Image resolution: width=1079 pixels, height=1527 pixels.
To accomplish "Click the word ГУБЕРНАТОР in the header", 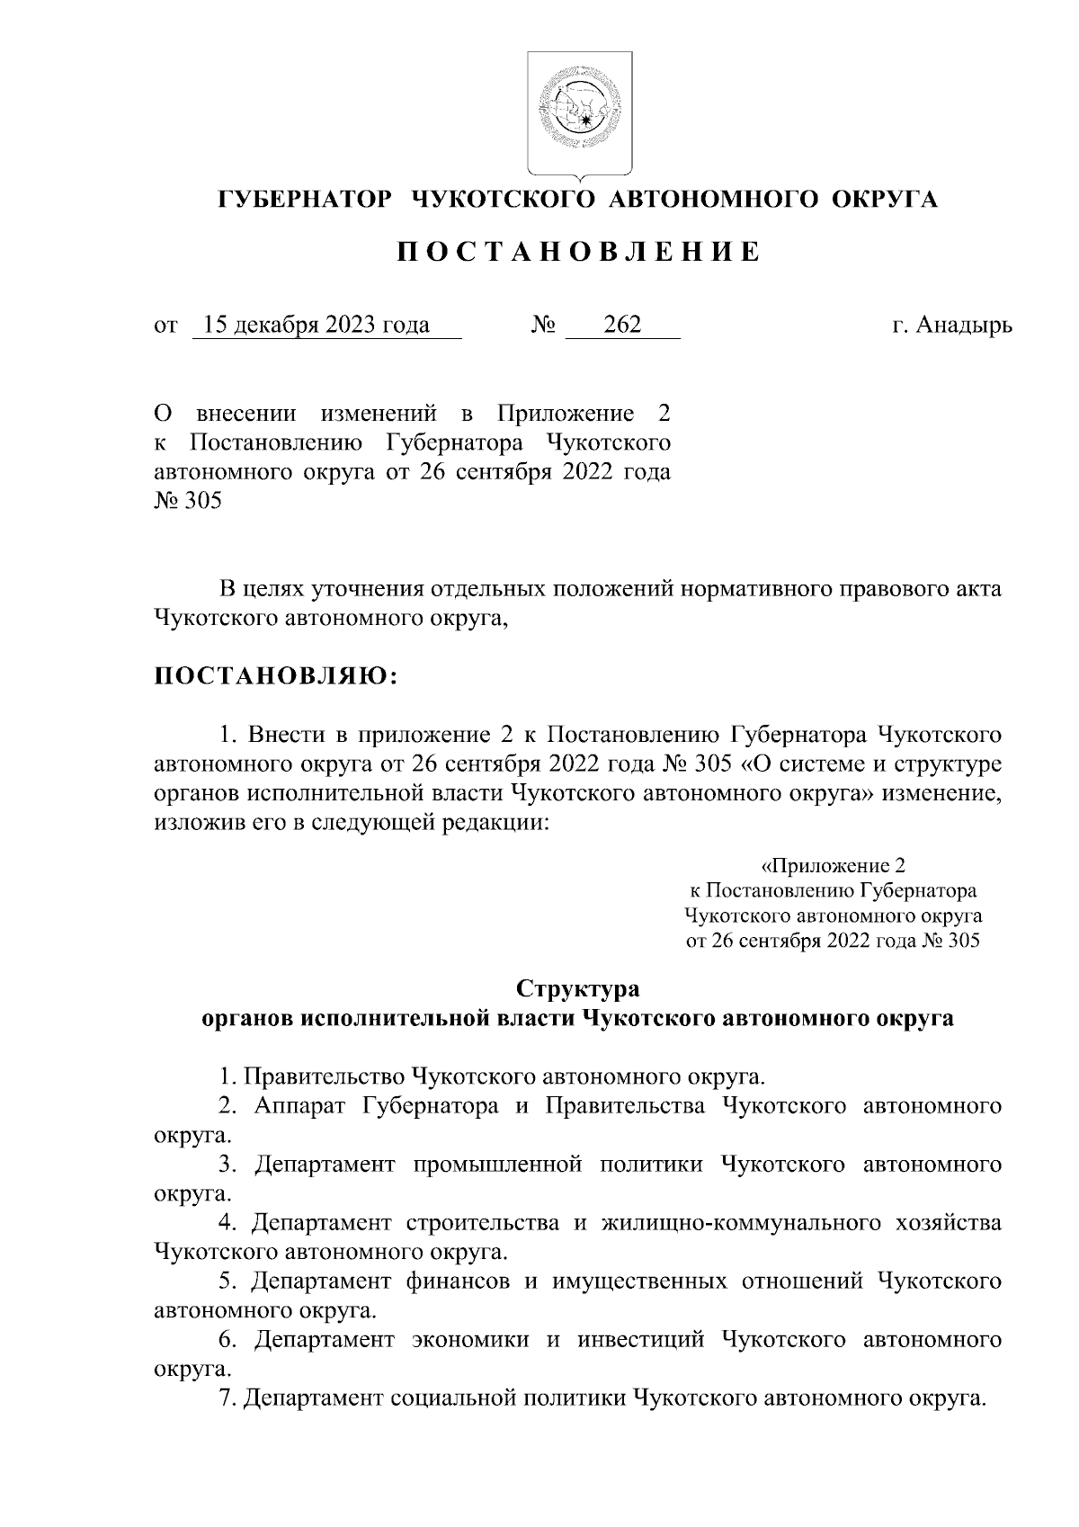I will coord(306,200).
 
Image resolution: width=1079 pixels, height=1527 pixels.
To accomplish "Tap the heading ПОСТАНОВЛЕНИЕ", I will coord(579,253).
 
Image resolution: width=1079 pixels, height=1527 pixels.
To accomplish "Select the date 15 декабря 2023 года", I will coord(317,325).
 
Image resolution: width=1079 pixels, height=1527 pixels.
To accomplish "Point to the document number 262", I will coord(622,325).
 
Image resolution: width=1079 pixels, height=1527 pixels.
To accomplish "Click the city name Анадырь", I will coord(964,325).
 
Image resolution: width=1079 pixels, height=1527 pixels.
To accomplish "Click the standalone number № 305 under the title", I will coord(188,502).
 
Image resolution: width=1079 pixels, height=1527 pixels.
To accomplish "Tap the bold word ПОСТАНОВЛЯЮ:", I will coord(276,676).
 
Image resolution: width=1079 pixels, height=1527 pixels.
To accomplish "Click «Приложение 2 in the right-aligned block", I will coord(833,866).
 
